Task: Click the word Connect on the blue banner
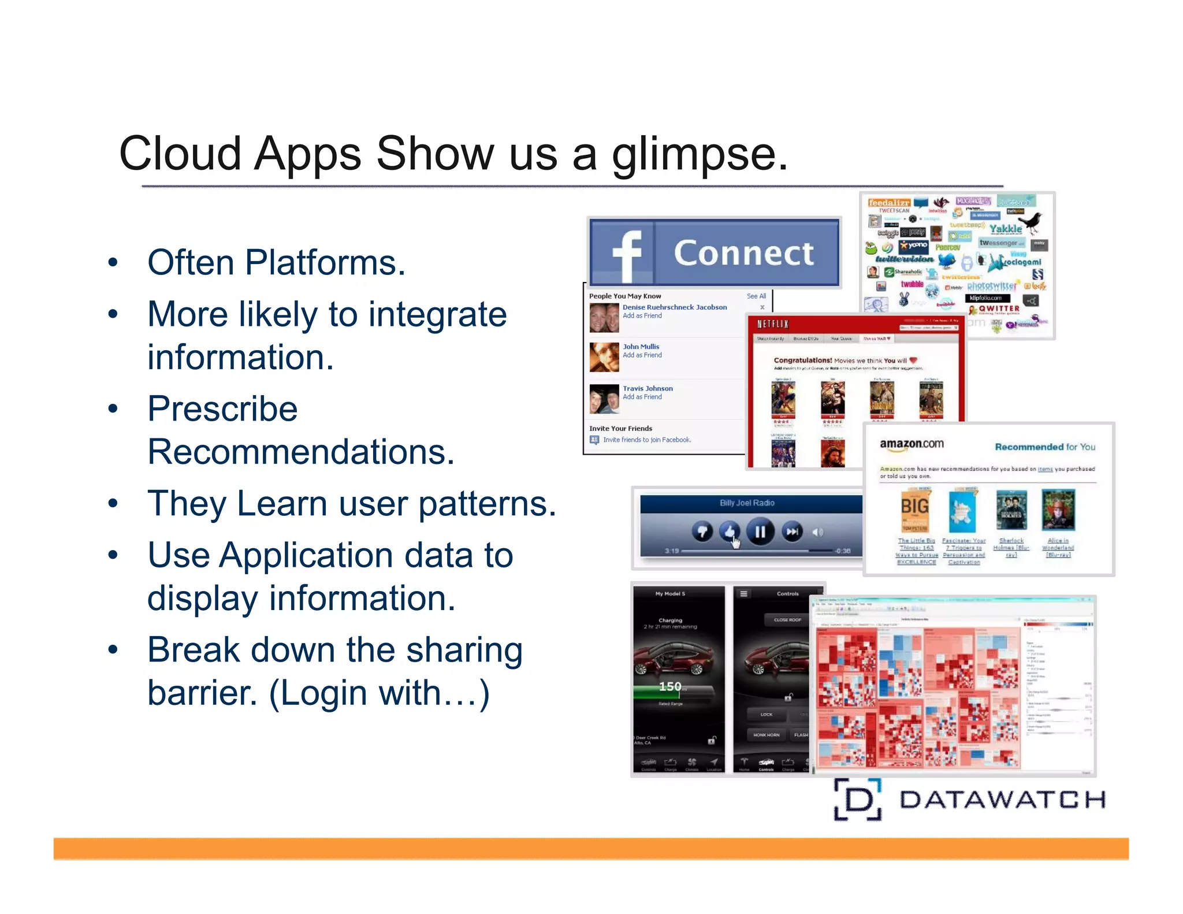[744, 253]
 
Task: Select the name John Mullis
[641, 347]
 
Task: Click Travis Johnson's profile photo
[604, 399]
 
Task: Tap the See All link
[756, 296]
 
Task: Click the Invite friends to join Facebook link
[647, 440]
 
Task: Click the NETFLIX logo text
[773, 324]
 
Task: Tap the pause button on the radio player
[760, 532]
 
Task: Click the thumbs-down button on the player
[702, 532]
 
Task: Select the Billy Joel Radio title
[747, 503]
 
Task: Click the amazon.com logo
[912, 444]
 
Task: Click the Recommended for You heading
[1044, 447]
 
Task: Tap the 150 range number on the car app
[670, 686]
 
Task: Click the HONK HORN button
[766, 735]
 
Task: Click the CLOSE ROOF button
[787, 620]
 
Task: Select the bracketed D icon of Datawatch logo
[858, 800]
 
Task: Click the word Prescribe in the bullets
[222, 409]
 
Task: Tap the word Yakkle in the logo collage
[1005, 229]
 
